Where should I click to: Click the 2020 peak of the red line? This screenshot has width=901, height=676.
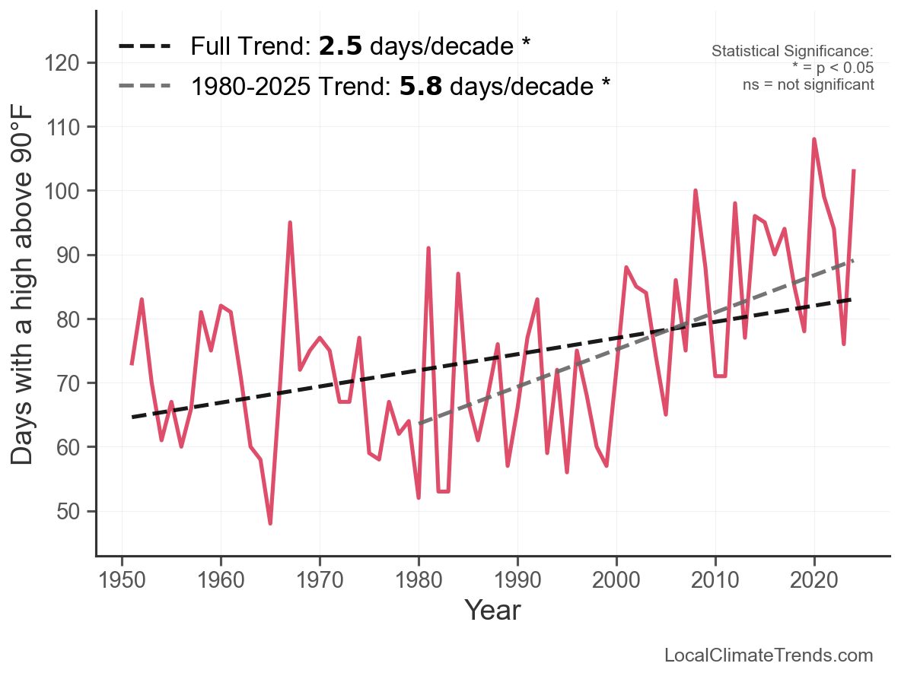point(814,139)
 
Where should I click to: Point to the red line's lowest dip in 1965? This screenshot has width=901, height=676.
point(270,523)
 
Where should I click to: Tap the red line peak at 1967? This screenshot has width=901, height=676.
point(290,223)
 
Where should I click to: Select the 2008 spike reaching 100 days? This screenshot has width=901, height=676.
point(696,191)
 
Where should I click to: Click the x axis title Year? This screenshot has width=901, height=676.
point(492,610)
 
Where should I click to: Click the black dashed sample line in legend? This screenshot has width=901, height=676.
point(144,47)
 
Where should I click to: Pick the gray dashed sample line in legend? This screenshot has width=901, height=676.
point(144,86)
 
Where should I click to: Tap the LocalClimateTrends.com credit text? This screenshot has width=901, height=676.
point(769,655)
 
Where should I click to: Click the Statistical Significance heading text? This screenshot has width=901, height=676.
point(792,52)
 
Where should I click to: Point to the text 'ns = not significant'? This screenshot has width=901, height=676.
point(808,84)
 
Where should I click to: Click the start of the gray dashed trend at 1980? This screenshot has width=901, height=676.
point(419,423)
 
